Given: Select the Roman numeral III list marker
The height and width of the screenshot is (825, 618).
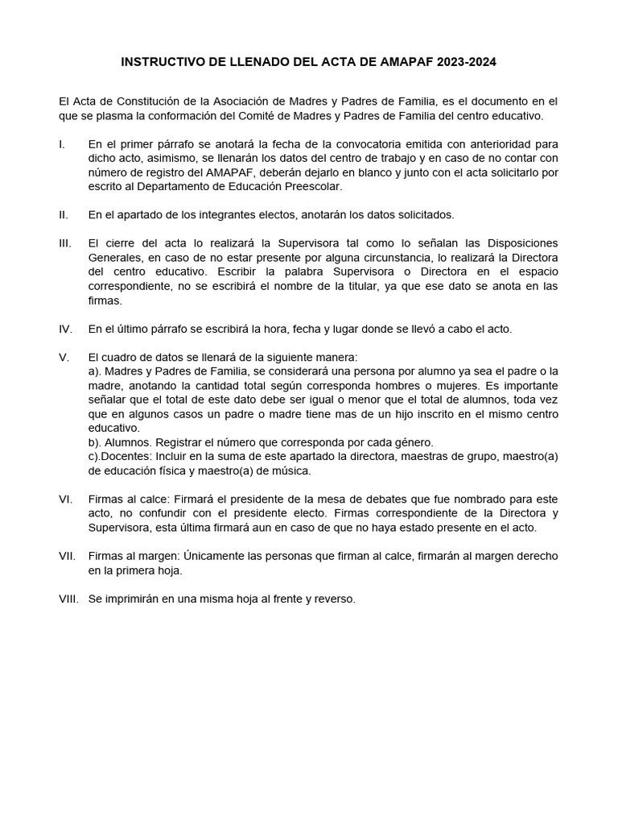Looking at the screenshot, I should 65,243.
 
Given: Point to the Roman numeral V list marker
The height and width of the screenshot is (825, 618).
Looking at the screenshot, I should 63,357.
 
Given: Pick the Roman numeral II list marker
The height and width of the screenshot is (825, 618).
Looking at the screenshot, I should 64,215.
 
